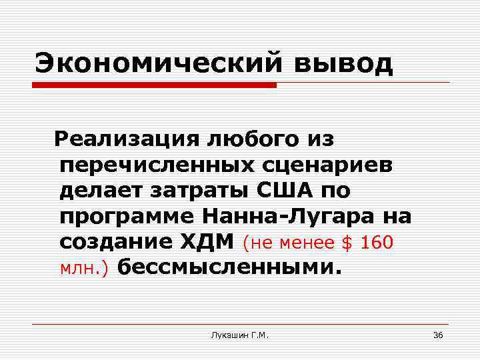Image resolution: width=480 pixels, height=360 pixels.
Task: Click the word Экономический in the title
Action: [x=147, y=65]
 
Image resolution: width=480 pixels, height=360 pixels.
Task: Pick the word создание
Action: [x=113, y=242]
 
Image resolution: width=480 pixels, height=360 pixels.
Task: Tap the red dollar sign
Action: [x=347, y=243]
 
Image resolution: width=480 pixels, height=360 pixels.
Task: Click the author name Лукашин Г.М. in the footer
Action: [x=239, y=335]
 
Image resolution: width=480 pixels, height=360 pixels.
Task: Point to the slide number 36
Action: [x=438, y=335]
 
